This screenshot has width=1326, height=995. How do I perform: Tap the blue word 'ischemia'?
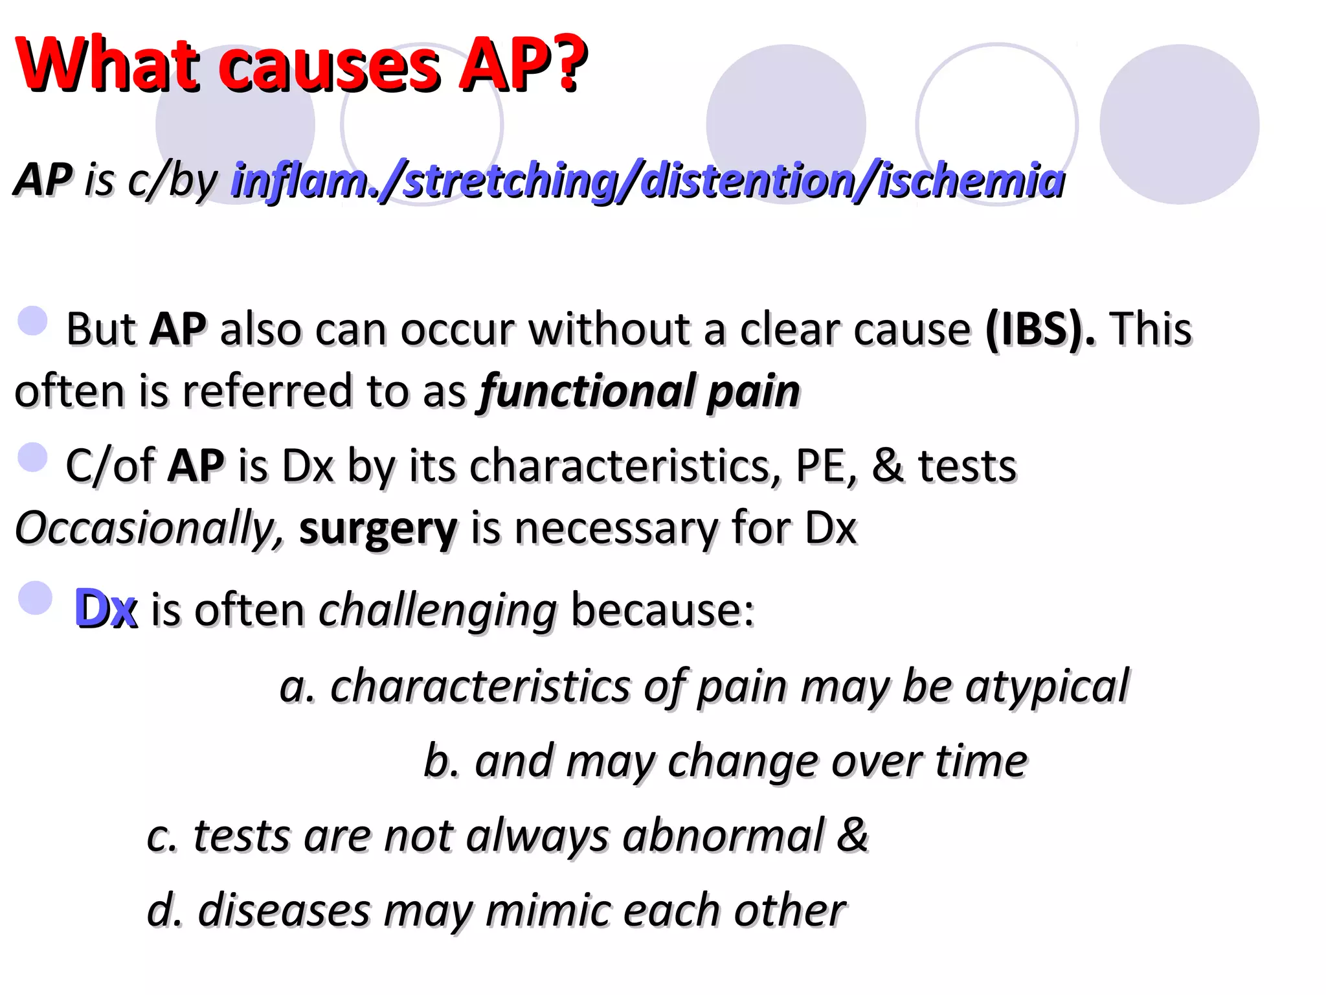click(971, 180)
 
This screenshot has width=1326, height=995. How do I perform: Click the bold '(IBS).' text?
click(1040, 329)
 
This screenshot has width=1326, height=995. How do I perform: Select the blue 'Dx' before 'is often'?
click(106, 609)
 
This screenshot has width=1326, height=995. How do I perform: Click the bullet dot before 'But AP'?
click(33, 321)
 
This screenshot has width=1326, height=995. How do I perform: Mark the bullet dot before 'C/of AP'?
click(33, 457)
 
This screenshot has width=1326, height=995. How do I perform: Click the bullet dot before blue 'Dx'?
click(35, 597)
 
